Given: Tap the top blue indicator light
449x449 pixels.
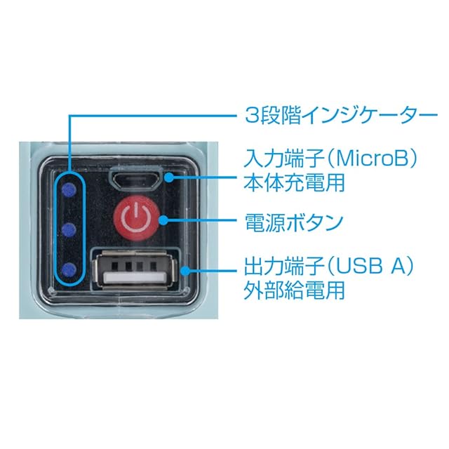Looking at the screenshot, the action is pyautogui.click(x=67, y=189).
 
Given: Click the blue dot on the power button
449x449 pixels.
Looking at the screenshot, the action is pyautogui.click(x=163, y=220).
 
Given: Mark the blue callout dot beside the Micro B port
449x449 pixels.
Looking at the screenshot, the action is pyautogui.click(x=168, y=177).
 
